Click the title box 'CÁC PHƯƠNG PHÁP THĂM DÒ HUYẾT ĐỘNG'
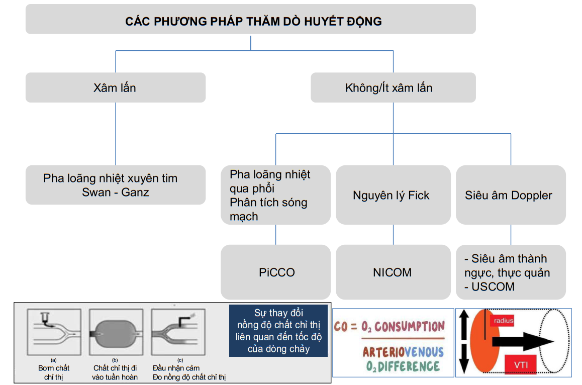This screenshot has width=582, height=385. [250, 21]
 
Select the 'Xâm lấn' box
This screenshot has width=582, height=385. [115, 88]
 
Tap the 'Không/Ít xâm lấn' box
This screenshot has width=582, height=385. [393, 88]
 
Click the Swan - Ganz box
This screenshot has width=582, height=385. [115, 185]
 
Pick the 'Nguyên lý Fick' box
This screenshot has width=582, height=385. [393, 195]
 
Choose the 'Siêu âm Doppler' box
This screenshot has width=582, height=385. [510, 195]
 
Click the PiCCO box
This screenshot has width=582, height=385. [276, 272]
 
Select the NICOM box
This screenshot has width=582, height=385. [393, 272]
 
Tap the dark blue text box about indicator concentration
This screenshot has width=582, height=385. [278, 330]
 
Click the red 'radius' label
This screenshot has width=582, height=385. [503, 320]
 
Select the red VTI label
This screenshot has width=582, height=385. [521, 364]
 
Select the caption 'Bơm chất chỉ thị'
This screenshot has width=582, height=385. [54, 372]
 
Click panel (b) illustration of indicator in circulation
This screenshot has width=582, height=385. [115, 332]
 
